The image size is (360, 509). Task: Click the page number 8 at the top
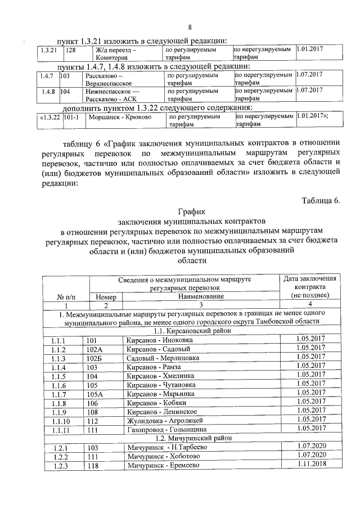point(190,28)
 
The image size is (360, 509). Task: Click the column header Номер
point(106,296)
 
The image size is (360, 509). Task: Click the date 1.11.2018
point(310,464)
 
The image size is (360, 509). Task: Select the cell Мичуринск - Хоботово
point(159,456)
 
